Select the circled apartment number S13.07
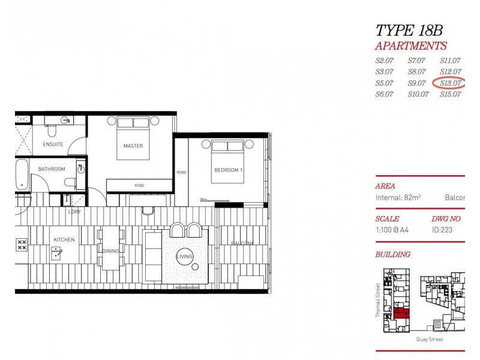click(451, 83)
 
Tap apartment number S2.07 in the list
click(385, 61)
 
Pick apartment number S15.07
click(451, 94)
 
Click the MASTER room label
click(133, 146)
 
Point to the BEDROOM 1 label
click(228, 170)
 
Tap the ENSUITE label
click(53, 145)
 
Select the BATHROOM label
click(52, 169)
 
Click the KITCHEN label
click(64, 240)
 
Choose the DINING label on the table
click(111, 251)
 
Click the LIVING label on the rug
click(184, 257)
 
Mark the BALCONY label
click(243, 243)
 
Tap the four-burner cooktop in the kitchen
click(22, 244)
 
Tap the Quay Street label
click(430, 339)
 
